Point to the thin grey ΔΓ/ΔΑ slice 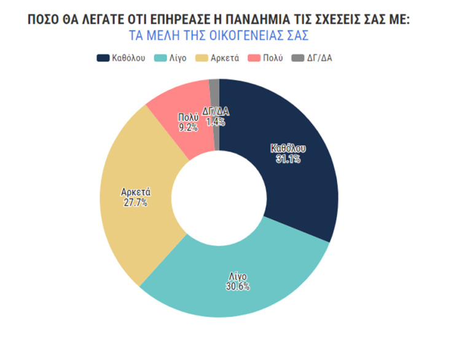pos(214,92)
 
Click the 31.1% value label pos(288,159)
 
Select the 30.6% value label pos(237,286)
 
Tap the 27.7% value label pos(135,202)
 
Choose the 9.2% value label pos(188,127)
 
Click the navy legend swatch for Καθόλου pos(103,58)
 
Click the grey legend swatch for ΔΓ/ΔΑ pos(297,58)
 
